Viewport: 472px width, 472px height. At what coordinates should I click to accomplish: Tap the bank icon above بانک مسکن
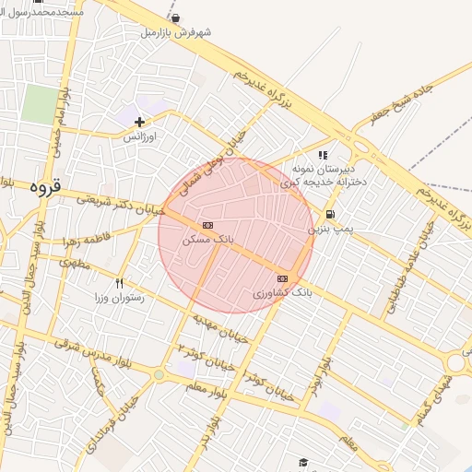click(207, 225)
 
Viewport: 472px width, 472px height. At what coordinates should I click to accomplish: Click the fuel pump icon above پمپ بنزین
click(330, 214)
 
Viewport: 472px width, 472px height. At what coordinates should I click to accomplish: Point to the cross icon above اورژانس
click(139, 122)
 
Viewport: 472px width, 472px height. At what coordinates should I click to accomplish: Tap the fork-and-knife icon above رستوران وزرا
click(119, 283)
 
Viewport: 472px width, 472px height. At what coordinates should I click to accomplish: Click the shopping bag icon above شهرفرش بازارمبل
click(176, 18)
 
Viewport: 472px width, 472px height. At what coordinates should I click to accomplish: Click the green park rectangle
click(39, 104)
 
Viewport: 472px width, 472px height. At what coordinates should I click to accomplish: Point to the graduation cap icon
click(302, 462)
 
